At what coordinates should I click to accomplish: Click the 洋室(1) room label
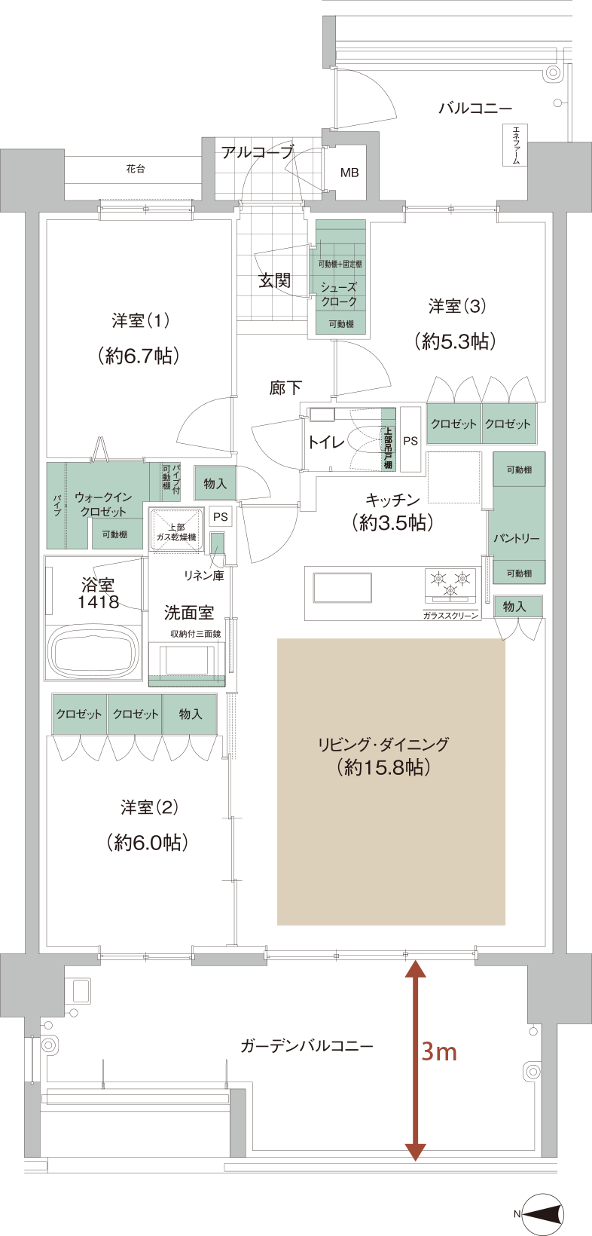click(x=140, y=322)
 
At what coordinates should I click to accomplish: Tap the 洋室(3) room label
click(x=457, y=307)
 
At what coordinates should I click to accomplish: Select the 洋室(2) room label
click(x=149, y=808)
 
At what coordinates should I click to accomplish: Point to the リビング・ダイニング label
click(x=383, y=745)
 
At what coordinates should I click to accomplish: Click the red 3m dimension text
click(x=439, y=1051)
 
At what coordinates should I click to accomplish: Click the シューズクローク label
click(x=339, y=294)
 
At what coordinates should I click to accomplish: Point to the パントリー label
click(x=517, y=539)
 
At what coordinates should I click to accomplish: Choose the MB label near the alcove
click(x=349, y=173)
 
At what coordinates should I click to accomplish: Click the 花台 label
click(x=136, y=170)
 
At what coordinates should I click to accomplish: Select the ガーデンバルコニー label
click(x=307, y=1047)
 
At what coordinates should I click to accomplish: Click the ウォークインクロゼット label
click(x=103, y=505)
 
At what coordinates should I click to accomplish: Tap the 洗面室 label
click(x=188, y=613)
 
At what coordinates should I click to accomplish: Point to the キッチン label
click(x=392, y=500)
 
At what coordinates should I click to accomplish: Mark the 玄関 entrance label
click(x=275, y=281)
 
